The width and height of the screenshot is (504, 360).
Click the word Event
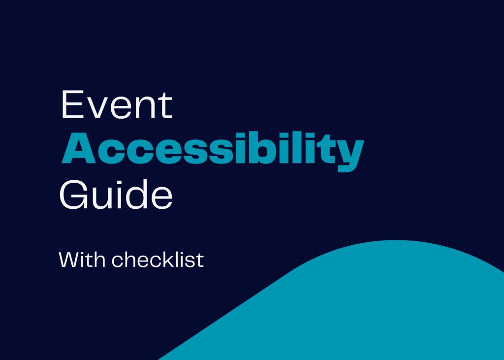coord(116,105)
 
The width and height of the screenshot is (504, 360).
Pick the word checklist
coord(157,259)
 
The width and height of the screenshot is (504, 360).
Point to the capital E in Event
coord(71,105)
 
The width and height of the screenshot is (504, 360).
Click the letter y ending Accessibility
coord(351,153)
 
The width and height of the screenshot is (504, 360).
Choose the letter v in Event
coord(97,109)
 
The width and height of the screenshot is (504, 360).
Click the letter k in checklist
coord(166,259)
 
